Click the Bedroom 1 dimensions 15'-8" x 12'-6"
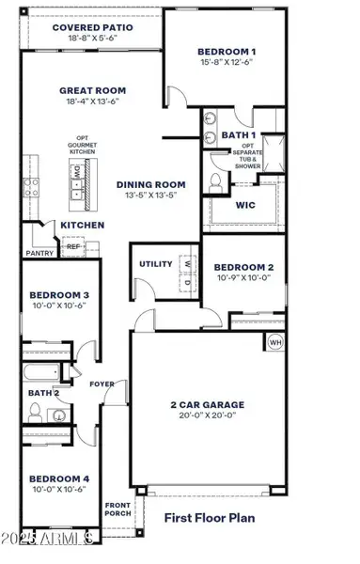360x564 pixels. pyautogui.click(x=226, y=62)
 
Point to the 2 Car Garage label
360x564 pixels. pyautogui.click(x=203, y=404)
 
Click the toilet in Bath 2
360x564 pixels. pyautogui.click(x=35, y=411)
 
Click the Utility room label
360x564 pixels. pyautogui.click(x=154, y=265)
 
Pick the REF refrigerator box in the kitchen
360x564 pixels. pyautogui.click(x=72, y=246)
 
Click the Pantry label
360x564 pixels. pyautogui.click(x=39, y=253)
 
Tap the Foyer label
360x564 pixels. pyautogui.click(x=102, y=384)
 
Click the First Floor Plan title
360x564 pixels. pyautogui.click(x=211, y=517)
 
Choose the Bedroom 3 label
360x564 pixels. pyautogui.click(x=58, y=294)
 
